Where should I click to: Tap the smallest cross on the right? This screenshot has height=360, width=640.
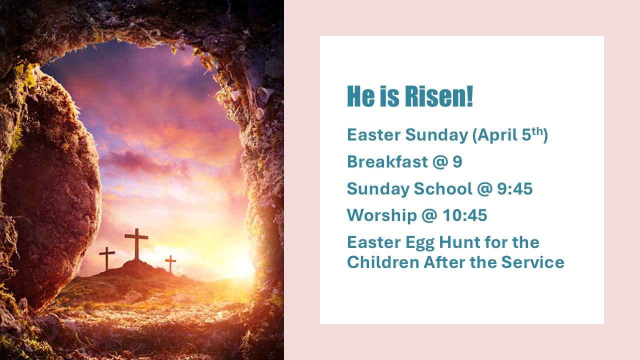[170, 263]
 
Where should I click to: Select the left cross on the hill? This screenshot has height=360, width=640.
[107, 258]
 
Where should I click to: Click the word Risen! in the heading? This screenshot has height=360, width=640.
[439, 96]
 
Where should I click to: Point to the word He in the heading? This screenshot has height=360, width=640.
[360, 96]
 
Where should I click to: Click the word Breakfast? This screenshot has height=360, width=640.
[387, 161]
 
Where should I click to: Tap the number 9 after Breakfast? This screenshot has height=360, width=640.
[457, 161]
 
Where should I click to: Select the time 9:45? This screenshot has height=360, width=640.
[515, 188]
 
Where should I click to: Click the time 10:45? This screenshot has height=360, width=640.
[465, 215]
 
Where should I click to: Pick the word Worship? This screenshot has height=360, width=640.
[381, 215]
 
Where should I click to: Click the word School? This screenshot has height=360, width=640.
[443, 188]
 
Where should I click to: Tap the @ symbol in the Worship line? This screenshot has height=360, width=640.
[429, 215]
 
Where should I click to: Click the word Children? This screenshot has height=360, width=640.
[383, 262]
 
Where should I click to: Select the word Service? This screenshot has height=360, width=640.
[533, 262]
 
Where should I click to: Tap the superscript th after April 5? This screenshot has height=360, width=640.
[537, 131]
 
